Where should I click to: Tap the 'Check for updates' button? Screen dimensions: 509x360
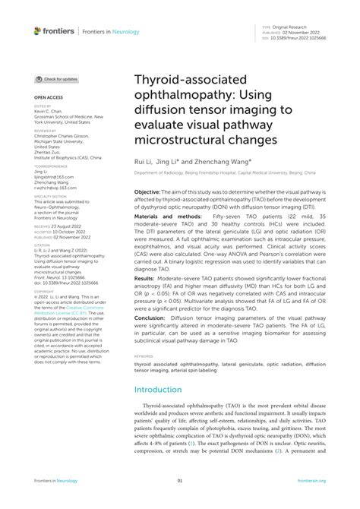coord(57,79)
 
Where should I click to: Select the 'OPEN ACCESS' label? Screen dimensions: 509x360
coord(47,99)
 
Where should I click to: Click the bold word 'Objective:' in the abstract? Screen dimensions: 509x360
coord(151,193)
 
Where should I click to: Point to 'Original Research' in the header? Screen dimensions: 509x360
coord(290,26)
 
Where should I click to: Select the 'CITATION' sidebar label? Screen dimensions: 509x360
coord(43,245)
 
